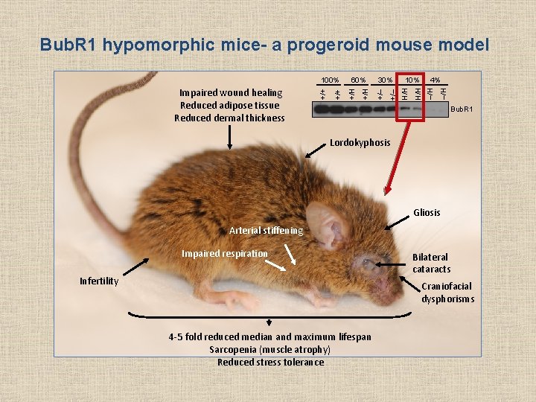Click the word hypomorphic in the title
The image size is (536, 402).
point(158,45)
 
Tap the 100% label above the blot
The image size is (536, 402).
point(330,80)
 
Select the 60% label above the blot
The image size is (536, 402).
point(358,80)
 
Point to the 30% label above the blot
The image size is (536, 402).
point(385,80)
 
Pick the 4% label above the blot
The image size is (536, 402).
point(435,80)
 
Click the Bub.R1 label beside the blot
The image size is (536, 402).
point(462,109)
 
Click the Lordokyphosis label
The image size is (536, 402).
point(360,142)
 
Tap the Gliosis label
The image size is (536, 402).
point(427,213)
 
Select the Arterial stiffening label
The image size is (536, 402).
point(266,231)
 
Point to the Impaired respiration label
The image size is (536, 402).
point(224,254)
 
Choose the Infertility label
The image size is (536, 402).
point(99,281)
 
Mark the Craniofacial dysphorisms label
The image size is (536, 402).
point(447,293)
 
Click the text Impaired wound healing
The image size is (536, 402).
point(231,93)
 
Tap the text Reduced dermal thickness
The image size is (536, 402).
point(229,118)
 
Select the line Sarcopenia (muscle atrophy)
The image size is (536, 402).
point(270,350)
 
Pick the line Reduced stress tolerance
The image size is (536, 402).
point(270,363)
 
